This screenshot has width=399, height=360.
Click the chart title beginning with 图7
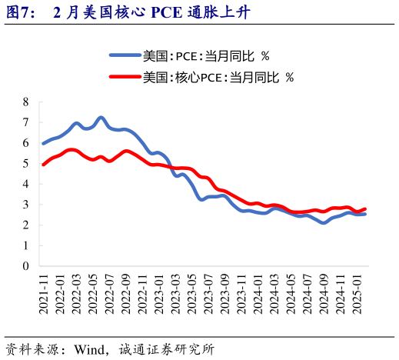click(127, 13)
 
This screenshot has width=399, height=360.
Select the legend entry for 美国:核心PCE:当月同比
click(218, 77)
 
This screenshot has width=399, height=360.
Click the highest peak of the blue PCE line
click(101, 118)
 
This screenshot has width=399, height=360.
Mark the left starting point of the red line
click(43, 165)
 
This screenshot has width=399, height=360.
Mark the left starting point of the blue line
click(43, 144)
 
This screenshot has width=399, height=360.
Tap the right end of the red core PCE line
click(364, 209)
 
